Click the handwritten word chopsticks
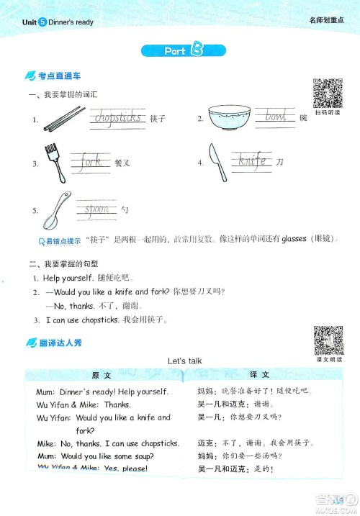click(118, 117)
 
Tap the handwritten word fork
click(91, 161)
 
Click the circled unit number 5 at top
click(42, 22)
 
